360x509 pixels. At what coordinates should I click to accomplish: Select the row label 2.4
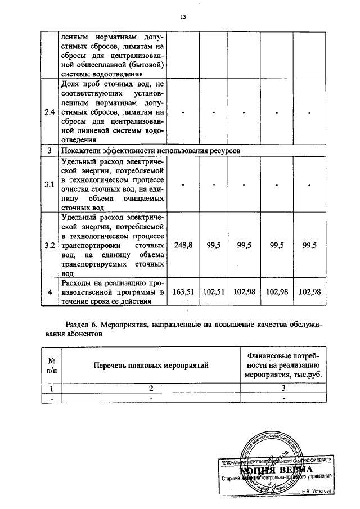49,112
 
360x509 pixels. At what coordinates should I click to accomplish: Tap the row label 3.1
49,184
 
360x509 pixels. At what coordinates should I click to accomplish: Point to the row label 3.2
49,245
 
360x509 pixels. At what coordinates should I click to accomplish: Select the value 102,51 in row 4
214,291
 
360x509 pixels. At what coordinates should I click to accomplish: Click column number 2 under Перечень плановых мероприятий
151,388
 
